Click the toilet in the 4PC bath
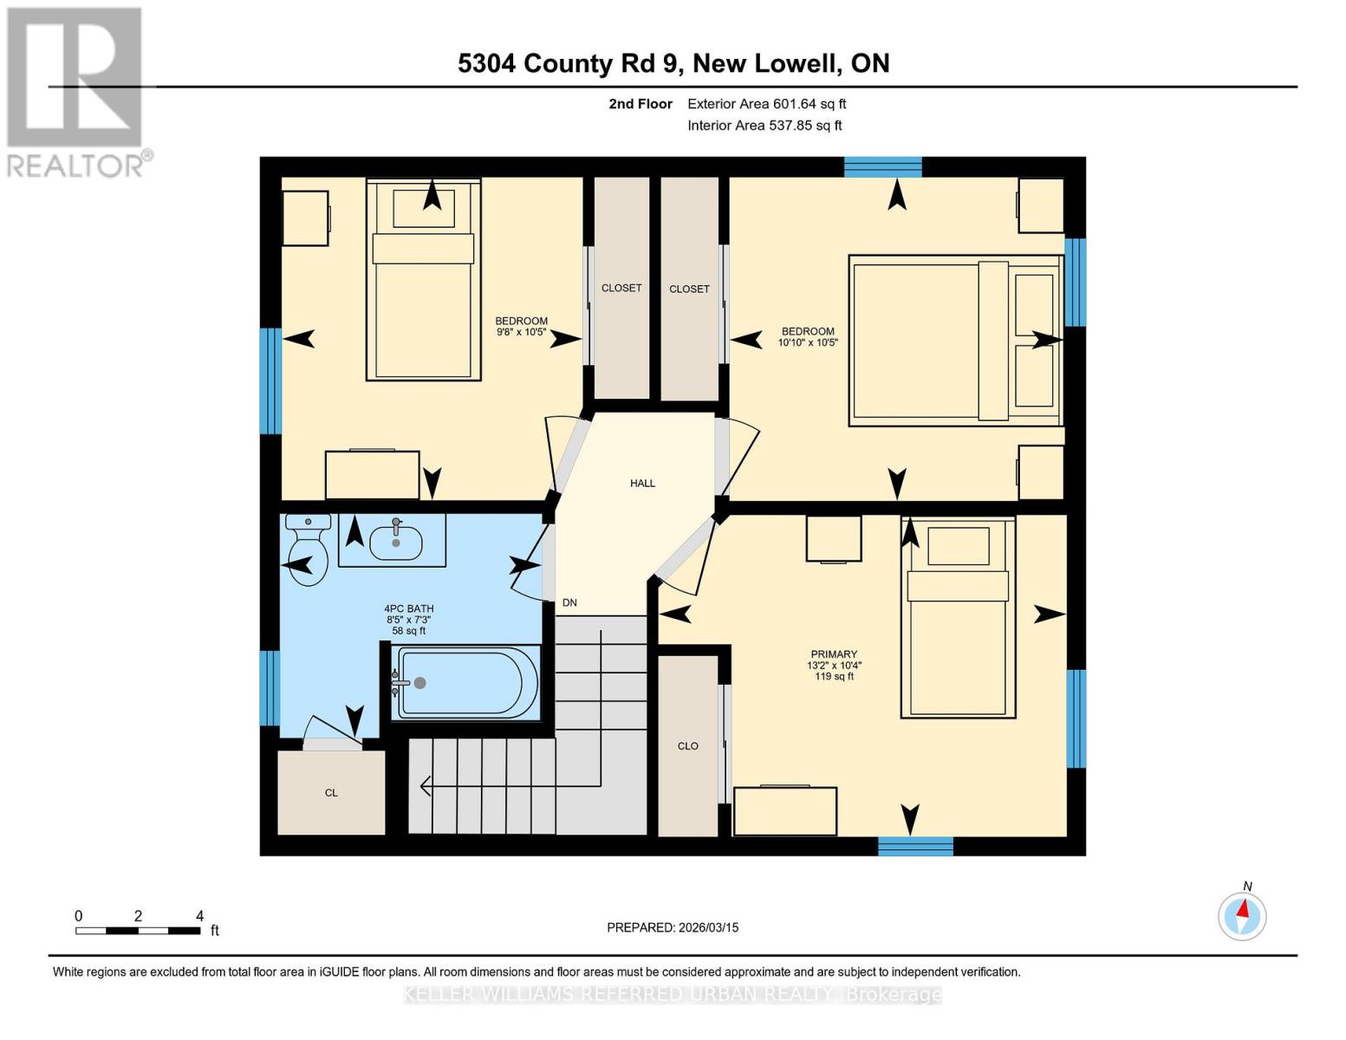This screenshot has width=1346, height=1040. (x=307, y=550)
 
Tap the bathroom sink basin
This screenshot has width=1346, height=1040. (x=395, y=543)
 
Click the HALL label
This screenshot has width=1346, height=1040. (x=642, y=484)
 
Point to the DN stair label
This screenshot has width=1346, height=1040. (x=569, y=603)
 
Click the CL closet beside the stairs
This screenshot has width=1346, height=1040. (x=331, y=792)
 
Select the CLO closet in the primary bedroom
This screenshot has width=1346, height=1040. (x=688, y=746)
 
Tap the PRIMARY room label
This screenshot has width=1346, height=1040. (x=834, y=654)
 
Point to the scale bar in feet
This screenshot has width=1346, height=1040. (x=139, y=930)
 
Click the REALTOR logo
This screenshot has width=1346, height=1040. (x=76, y=91)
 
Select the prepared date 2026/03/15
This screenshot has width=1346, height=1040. (x=673, y=927)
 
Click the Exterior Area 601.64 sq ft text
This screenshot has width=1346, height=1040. (x=766, y=104)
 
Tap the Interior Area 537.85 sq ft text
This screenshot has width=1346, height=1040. (x=764, y=126)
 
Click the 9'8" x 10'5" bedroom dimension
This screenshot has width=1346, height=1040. (x=521, y=332)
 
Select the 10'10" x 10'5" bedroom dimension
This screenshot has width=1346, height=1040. (x=808, y=342)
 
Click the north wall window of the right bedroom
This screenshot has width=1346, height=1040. (x=882, y=167)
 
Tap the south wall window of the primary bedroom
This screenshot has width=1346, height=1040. (x=915, y=846)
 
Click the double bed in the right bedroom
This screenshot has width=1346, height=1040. (x=955, y=341)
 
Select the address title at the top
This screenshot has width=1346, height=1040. (x=673, y=63)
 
